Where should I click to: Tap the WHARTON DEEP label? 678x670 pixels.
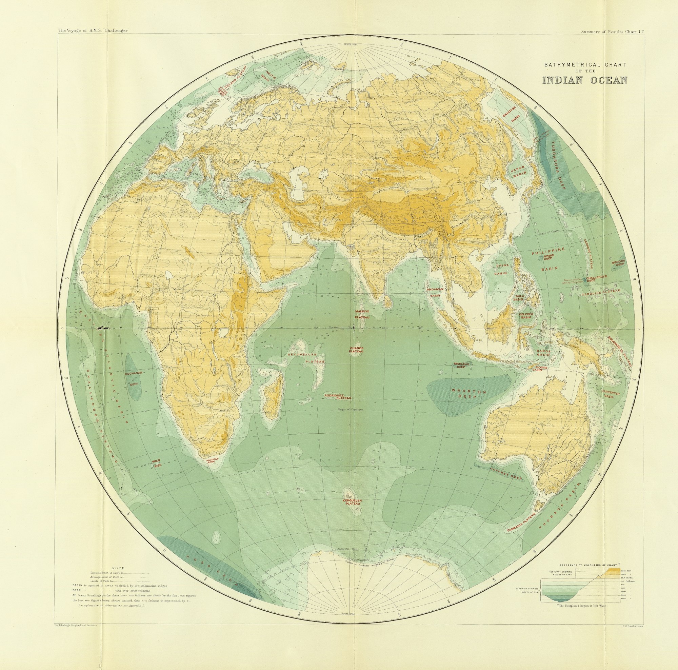pyautogui.click(x=469, y=394)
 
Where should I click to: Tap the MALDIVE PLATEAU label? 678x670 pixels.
pyautogui.click(x=361, y=314)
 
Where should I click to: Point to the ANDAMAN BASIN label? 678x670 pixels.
pyautogui.click(x=435, y=292)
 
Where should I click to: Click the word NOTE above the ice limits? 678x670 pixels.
pyautogui.click(x=118, y=568)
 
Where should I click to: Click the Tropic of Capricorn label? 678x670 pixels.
pyautogui.click(x=350, y=410)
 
